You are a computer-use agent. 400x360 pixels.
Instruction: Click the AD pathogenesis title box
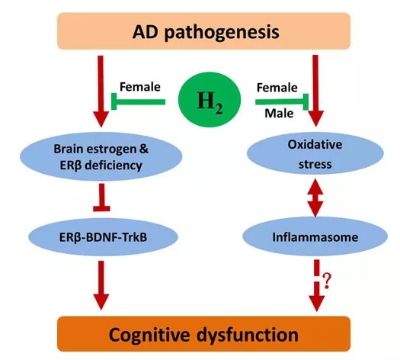(x=204, y=31)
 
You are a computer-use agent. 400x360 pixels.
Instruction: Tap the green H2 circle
(x=210, y=100)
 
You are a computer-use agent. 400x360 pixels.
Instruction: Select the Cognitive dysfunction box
(x=204, y=334)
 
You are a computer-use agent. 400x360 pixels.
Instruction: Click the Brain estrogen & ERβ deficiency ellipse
(x=101, y=156)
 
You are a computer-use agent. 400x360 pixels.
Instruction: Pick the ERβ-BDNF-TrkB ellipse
(x=103, y=237)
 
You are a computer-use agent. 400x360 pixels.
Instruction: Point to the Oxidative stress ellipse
(x=315, y=153)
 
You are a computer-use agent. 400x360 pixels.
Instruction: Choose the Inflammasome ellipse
(x=315, y=236)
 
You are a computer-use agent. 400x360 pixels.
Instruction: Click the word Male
(x=279, y=114)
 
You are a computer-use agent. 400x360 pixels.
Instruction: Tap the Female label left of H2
(x=140, y=87)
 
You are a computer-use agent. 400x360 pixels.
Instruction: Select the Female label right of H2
(x=277, y=88)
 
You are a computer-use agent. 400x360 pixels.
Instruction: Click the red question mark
(x=327, y=281)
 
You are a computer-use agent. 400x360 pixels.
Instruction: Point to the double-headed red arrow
(x=315, y=198)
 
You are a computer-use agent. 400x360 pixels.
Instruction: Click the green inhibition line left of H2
(x=138, y=102)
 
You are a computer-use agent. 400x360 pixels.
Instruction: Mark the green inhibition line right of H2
(x=282, y=102)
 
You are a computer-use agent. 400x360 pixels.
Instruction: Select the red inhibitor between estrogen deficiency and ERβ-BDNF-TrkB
(x=101, y=198)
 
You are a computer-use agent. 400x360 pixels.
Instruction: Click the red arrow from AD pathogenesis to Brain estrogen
(x=101, y=92)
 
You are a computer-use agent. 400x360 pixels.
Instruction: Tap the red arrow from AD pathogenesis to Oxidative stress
(x=316, y=91)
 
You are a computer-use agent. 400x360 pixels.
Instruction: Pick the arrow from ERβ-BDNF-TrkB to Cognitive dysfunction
(x=101, y=285)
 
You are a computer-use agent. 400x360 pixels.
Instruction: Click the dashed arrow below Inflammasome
(x=317, y=285)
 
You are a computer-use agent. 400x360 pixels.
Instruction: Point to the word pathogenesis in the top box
(x=222, y=33)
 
